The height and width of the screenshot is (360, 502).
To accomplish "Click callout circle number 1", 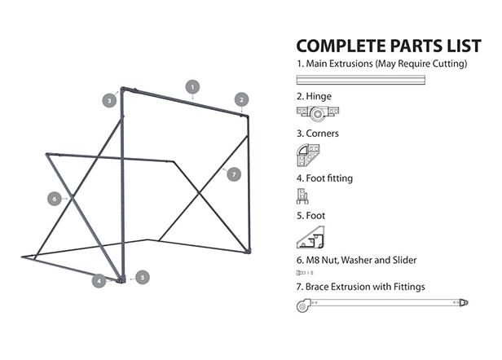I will click(x=192, y=86).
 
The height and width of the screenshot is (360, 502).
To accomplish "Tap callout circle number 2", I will click(x=241, y=99).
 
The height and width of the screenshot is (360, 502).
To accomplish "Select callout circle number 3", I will click(x=108, y=100).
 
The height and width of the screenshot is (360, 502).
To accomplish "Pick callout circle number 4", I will click(x=99, y=281).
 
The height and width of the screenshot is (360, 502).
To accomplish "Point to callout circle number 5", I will click(x=142, y=277).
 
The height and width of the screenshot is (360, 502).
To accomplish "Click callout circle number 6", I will click(x=55, y=198).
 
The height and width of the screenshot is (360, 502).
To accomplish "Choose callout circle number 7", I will click(x=234, y=173).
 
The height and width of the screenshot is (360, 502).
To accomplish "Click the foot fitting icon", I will click(x=303, y=195).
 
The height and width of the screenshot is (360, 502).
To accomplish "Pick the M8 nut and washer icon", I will click(x=305, y=273).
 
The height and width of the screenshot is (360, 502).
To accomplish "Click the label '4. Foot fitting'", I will click(x=324, y=177).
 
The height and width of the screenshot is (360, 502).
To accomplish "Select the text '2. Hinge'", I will click(x=314, y=96).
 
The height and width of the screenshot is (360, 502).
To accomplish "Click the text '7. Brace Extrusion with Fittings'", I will click(x=360, y=287).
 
